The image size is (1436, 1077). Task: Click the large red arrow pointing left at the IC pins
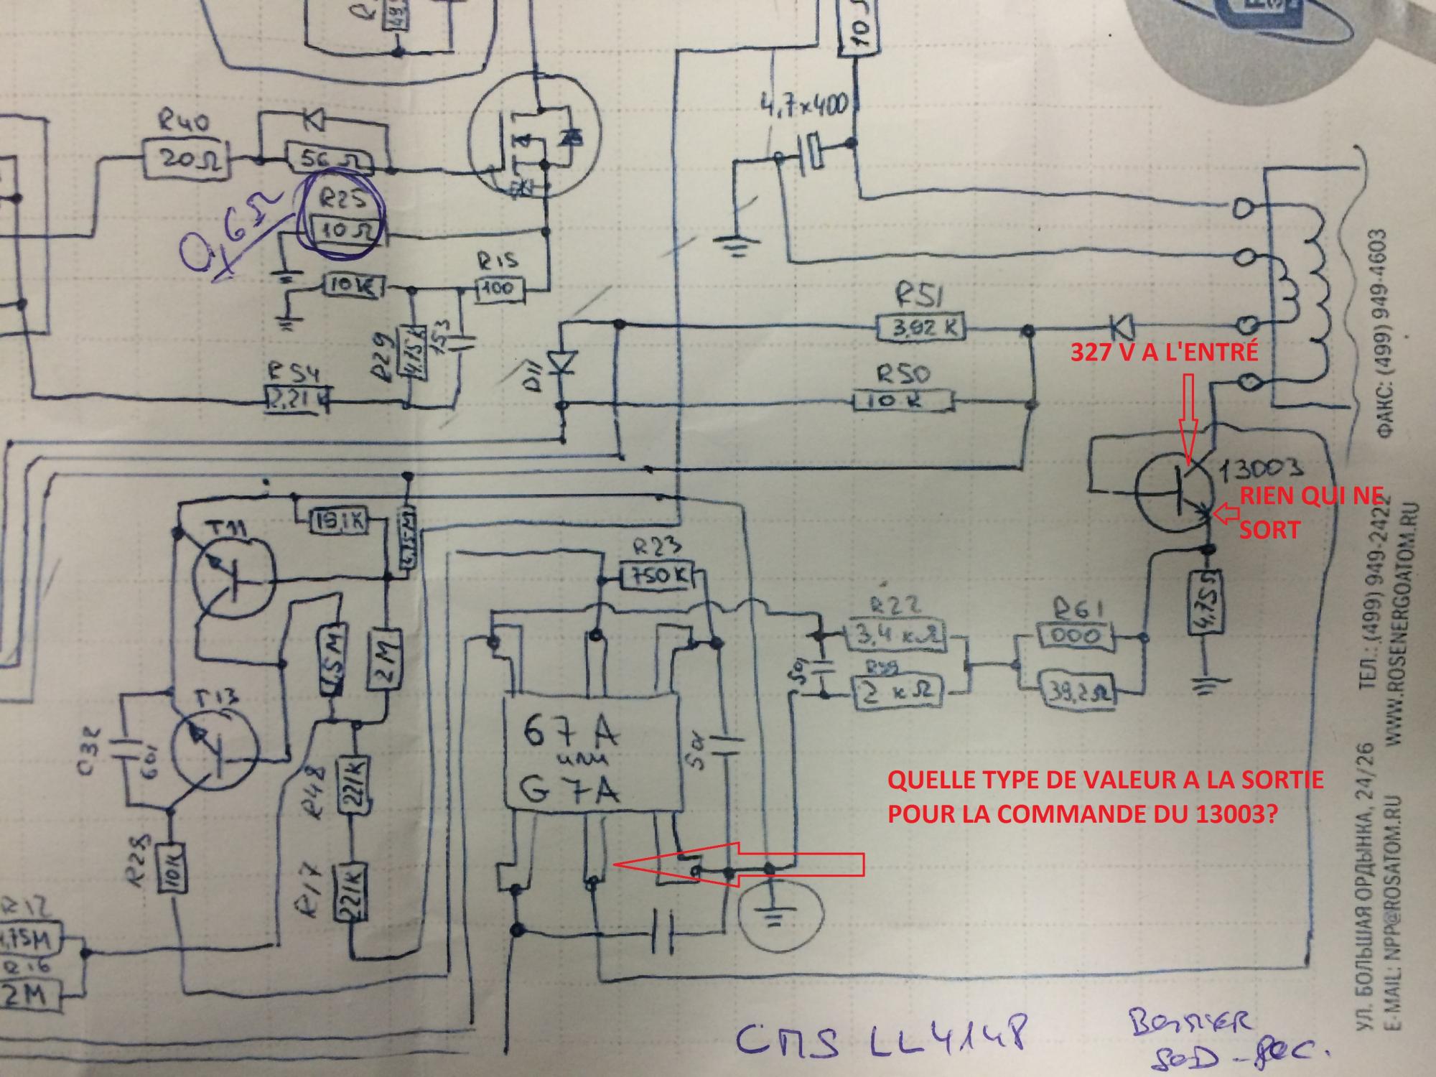(740, 865)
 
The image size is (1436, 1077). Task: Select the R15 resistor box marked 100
(500, 289)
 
